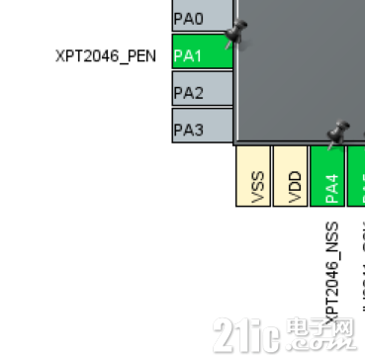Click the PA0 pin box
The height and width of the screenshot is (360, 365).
point(202,17)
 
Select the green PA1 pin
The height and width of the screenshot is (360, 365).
point(202,55)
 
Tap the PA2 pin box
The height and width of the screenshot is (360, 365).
point(202,92)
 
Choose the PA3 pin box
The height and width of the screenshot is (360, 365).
point(202,128)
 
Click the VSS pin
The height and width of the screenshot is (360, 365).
point(253,177)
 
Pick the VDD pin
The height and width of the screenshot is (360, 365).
point(290,177)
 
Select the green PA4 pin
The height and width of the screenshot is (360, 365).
point(327,177)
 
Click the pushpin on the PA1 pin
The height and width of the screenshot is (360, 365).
point(235,37)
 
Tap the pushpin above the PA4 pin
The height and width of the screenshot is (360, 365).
point(338,133)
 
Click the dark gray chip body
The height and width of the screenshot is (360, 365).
point(297,69)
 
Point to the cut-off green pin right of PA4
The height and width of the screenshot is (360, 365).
point(359,177)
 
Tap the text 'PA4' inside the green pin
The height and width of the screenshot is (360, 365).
point(332,186)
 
